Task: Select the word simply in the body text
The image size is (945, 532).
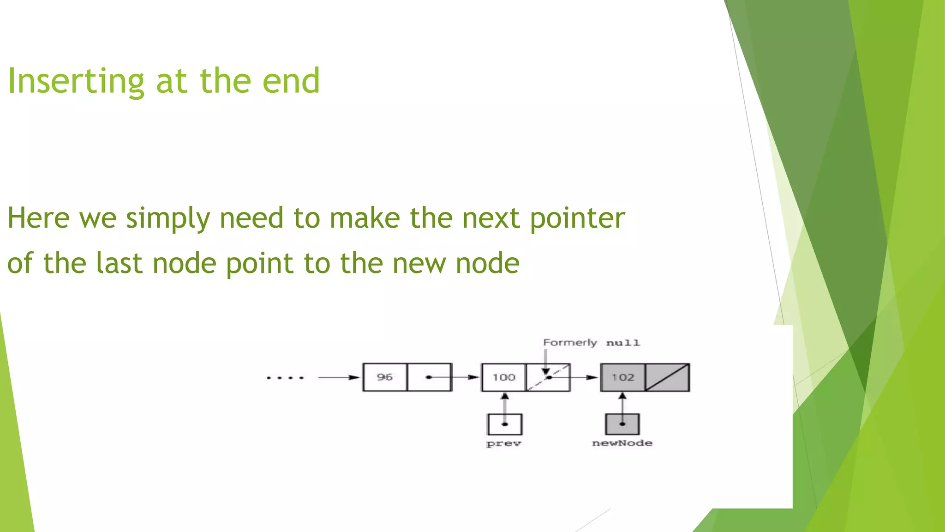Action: [168, 218]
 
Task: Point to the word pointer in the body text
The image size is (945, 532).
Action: [577, 218]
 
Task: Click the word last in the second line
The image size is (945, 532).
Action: [119, 263]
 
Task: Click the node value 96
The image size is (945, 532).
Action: [385, 377]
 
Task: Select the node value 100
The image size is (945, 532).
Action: [503, 377]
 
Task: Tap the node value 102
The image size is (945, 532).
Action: [622, 377]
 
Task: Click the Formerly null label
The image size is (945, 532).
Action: [591, 343]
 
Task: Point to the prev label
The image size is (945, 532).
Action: [503, 443]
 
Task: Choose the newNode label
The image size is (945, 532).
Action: [622, 443]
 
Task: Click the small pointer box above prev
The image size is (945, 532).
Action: [505, 424]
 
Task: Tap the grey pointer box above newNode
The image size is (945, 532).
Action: [622, 424]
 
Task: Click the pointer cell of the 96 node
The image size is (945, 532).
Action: [429, 377]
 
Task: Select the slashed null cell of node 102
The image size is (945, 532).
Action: [667, 377]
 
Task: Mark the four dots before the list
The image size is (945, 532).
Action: [285, 378]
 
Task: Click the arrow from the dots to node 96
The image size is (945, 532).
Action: [338, 377]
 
